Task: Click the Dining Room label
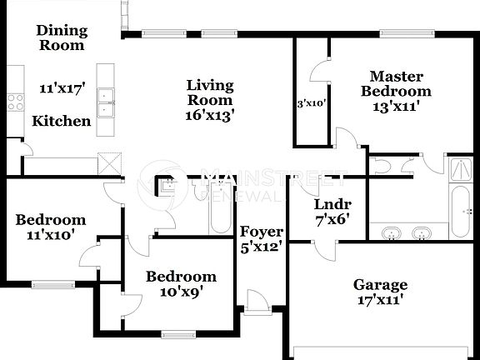pyautogui.click(x=61, y=37)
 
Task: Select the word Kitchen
pyautogui.click(x=61, y=122)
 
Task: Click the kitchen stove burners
pyautogui.click(x=15, y=102)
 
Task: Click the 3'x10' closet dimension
pyautogui.click(x=311, y=105)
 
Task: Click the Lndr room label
pyautogui.click(x=332, y=205)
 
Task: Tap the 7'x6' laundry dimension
pyautogui.click(x=332, y=220)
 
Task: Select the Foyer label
pyautogui.click(x=261, y=231)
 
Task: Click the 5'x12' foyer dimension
pyautogui.click(x=261, y=246)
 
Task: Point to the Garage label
pyautogui.click(x=379, y=285)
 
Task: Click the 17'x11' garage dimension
pyautogui.click(x=379, y=300)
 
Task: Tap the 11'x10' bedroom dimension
pyautogui.click(x=51, y=235)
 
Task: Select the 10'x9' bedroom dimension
pyautogui.click(x=181, y=292)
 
